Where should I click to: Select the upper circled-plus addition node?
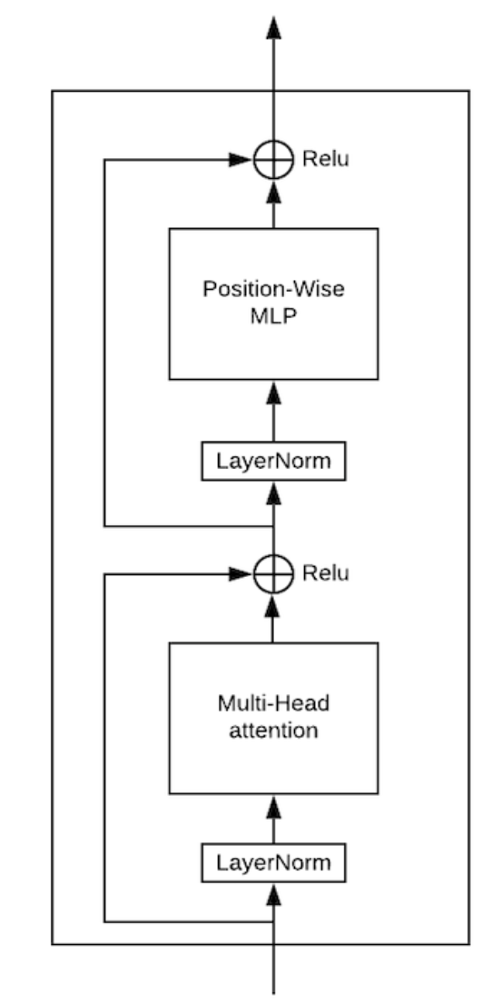[273, 160]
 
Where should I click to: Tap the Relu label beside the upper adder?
[325, 159]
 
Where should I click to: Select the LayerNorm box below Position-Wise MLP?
[273, 463]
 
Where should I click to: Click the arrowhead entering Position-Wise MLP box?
[273, 392]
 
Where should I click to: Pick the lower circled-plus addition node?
[273, 573]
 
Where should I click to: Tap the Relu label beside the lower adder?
[325, 573]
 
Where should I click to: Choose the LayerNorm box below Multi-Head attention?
[273, 861]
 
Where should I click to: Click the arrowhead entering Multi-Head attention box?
[273, 805]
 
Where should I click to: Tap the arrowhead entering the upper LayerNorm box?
[273, 493]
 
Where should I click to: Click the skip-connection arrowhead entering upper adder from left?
[241, 160]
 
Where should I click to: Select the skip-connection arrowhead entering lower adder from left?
[241, 573]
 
